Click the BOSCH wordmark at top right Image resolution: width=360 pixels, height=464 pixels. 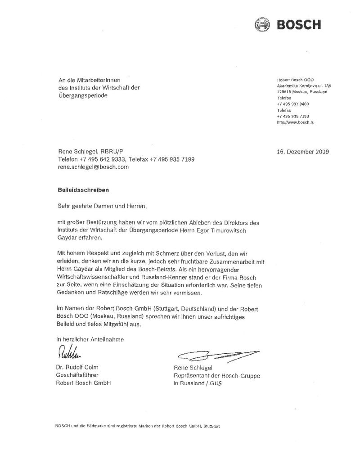pos(298,24)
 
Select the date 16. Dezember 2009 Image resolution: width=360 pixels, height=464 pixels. pos(302,152)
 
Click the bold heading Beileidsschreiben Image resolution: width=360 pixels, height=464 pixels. pos(83,190)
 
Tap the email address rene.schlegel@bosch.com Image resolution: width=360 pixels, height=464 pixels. pos(93,167)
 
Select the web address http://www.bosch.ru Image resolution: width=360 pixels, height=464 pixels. pos(296,122)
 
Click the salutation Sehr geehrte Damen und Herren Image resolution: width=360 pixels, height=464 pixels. pos(102,206)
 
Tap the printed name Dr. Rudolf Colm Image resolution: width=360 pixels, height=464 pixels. pos(76,367)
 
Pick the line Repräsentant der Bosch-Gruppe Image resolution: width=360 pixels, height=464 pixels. pos(216,376)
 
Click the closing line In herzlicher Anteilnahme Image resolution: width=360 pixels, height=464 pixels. pos(90,339)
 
